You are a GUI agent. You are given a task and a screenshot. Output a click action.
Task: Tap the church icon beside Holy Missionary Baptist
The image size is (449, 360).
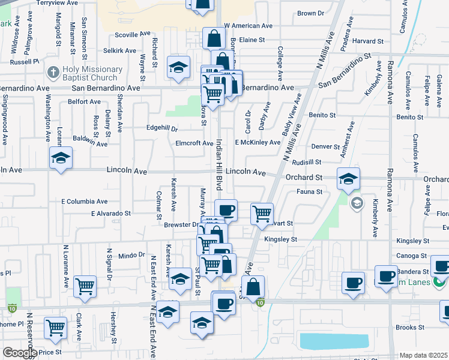tap(53, 71)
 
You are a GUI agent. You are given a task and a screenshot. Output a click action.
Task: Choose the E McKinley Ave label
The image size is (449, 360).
tap(258, 143)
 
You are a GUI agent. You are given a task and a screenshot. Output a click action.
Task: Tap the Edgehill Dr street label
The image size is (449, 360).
tap(163, 128)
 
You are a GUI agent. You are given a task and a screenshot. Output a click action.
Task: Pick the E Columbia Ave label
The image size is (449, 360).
tap(84, 202)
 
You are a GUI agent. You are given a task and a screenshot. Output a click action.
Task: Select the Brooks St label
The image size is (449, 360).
tap(410, 328)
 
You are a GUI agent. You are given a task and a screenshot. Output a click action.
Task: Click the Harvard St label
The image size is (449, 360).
tap(368, 41)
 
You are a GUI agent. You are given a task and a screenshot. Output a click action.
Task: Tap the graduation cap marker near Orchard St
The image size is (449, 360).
tap(348, 178)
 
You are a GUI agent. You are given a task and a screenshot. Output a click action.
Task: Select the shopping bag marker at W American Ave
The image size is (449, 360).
tap(214, 38)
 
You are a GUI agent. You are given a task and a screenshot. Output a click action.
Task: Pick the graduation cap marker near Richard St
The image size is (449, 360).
tap(178, 67)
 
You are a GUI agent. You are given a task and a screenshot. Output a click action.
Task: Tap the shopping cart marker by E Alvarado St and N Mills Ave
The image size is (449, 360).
tap(262, 214)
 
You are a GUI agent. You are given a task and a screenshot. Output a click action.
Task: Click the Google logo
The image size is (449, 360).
tap(19, 353)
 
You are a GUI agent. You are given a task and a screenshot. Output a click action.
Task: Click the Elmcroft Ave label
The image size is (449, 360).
tap(194, 143)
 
